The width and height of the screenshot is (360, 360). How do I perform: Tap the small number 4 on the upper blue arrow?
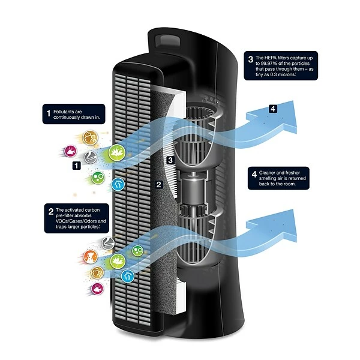tap(274, 109)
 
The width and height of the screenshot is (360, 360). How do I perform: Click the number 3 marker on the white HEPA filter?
tap(170, 160)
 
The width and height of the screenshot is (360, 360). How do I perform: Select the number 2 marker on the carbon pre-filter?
tap(159, 185)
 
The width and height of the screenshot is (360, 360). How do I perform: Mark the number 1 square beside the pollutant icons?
tap(76, 164)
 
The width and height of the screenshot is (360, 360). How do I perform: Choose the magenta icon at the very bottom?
tap(97, 289)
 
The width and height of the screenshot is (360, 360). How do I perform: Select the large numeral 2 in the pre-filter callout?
tap(50, 210)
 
